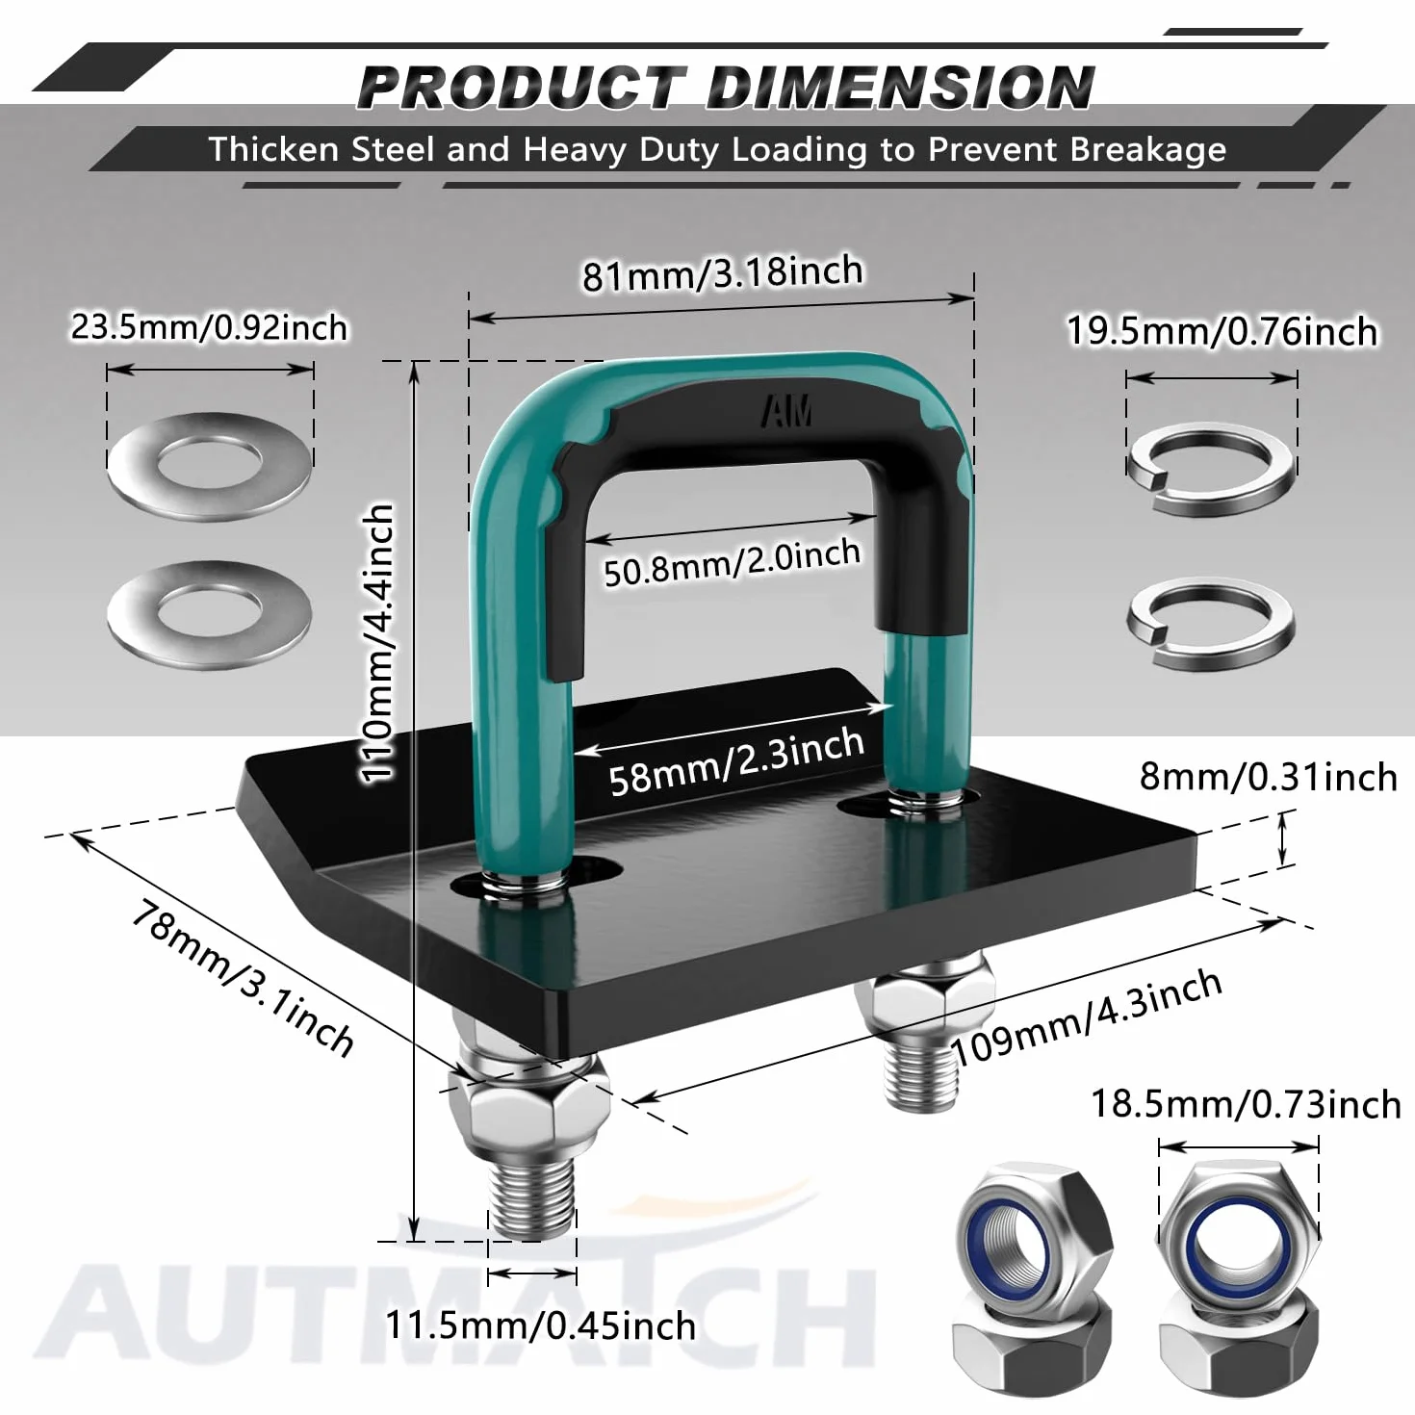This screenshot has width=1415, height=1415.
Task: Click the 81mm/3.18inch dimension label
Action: tap(723, 272)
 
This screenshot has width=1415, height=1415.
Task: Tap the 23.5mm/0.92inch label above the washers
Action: tap(209, 327)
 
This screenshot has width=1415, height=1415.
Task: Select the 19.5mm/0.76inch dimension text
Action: tap(1222, 331)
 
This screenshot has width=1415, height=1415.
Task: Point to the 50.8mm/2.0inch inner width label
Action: tap(732, 562)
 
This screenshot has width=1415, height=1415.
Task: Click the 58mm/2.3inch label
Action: tap(736, 761)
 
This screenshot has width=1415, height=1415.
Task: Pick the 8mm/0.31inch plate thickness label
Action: tap(1268, 777)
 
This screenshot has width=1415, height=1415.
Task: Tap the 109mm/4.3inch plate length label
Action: tap(1087, 1017)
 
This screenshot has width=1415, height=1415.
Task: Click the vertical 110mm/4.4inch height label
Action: tap(378, 642)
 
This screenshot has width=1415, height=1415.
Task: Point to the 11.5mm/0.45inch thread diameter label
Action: tap(540, 1325)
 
